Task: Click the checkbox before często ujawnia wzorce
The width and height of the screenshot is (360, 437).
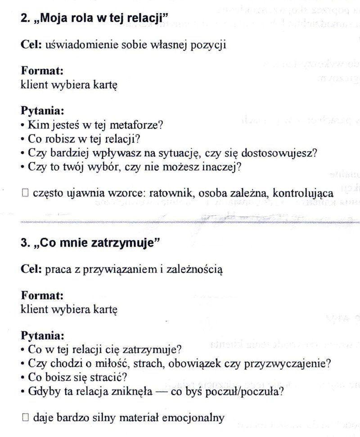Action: point(25,193)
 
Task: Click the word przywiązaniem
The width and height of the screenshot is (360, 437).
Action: point(111,270)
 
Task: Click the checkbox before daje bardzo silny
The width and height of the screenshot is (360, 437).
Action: point(25,418)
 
